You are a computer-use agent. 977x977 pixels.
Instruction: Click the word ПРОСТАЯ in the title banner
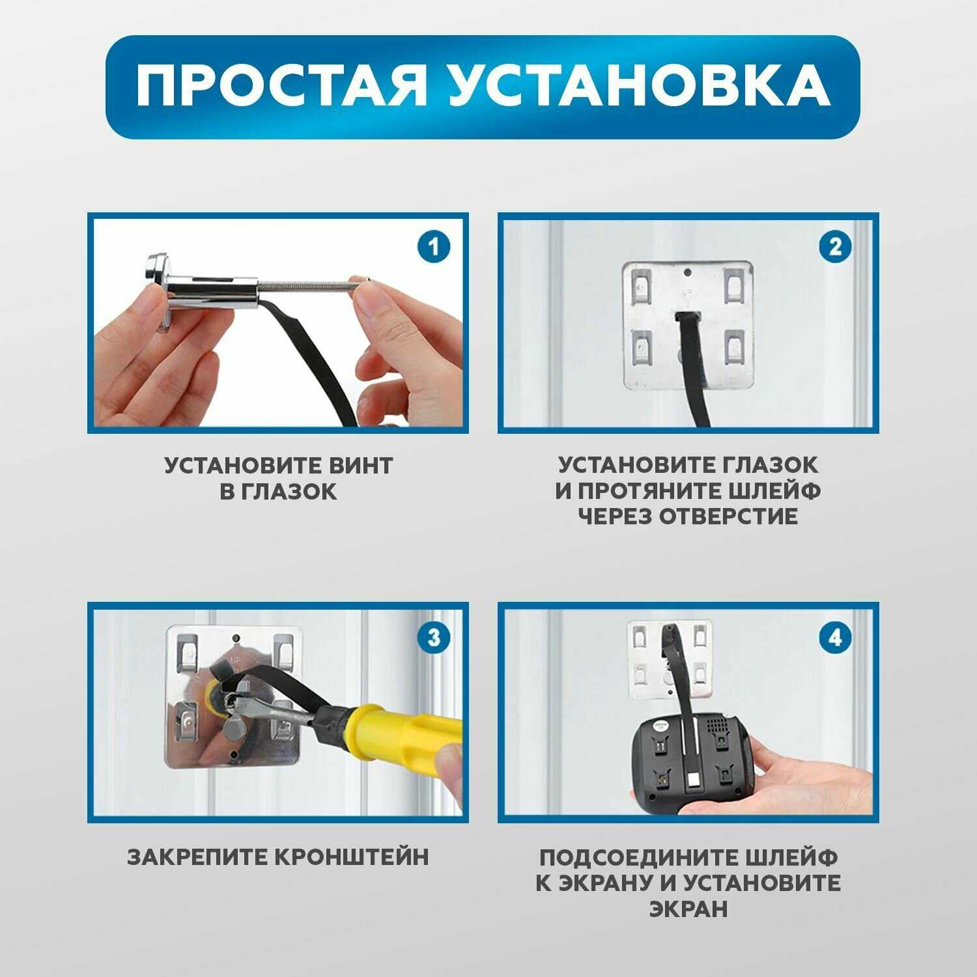[281, 87]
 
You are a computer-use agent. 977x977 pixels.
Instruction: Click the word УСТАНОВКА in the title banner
[640, 87]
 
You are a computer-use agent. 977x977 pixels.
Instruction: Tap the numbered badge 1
[433, 248]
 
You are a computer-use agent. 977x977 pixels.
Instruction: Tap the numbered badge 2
[836, 247]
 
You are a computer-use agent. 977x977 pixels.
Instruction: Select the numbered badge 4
[836, 638]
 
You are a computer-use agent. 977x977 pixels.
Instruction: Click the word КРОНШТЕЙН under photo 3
[351, 857]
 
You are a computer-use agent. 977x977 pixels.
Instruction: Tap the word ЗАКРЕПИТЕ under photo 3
[196, 857]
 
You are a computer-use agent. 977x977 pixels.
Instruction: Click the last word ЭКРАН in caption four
[688, 909]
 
